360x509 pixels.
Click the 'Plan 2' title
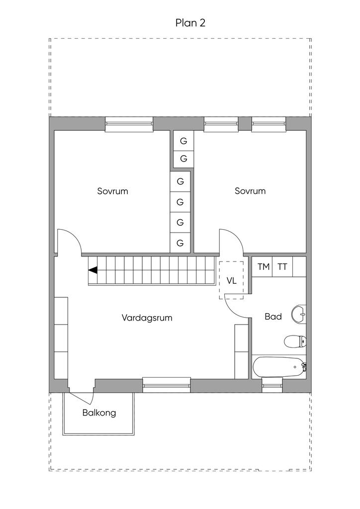pos(190,23)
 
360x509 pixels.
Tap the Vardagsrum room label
pos(147,318)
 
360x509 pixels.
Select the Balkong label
pos(99,413)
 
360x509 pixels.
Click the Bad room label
pos(273,317)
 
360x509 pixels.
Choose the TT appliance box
pos(282,267)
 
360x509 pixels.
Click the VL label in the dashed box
pos(231,281)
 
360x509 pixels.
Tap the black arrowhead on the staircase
pos(93,270)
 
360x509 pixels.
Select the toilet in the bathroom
pos(295,341)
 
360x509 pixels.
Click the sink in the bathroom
pos(299,314)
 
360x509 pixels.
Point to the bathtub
pos(279,367)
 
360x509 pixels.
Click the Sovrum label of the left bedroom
pos(113,191)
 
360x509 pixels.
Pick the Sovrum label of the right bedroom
pos(250,191)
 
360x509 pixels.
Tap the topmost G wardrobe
pos(183,141)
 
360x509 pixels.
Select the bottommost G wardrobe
pos(180,243)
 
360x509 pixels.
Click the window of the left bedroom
pos(129,124)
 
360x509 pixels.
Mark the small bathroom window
pos(272,385)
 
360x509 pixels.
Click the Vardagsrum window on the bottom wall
pos(167,385)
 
